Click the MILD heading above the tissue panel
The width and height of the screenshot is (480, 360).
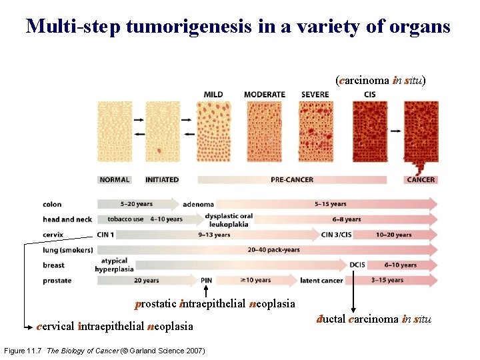[x=213, y=95]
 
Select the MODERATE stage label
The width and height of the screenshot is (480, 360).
[x=265, y=95]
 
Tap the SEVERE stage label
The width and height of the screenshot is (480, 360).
[x=315, y=95]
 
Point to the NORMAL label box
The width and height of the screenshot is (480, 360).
[x=115, y=179]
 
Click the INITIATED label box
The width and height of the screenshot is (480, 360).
[x=162, y=179]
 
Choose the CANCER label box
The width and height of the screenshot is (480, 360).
[x=421, y=179]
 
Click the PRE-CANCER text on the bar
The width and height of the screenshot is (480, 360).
[x=292, y=179]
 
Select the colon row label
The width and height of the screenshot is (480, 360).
[x=52, y=205]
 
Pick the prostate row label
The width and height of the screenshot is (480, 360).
[x=57, y=281]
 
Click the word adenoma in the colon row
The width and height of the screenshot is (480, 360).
[x=198, y=205]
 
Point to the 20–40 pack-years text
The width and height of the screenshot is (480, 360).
[x=273, y=250]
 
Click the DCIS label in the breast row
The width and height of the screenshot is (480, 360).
[x=357, y=265]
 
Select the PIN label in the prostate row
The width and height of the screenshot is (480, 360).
[x=206, y=281]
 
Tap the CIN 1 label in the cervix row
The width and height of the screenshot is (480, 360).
[x=105, y=235]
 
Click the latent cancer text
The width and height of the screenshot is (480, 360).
[x=321, y=281]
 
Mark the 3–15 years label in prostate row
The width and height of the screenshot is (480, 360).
[x=387, y=281]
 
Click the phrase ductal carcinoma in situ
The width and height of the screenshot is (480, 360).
[x=373, y=319]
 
